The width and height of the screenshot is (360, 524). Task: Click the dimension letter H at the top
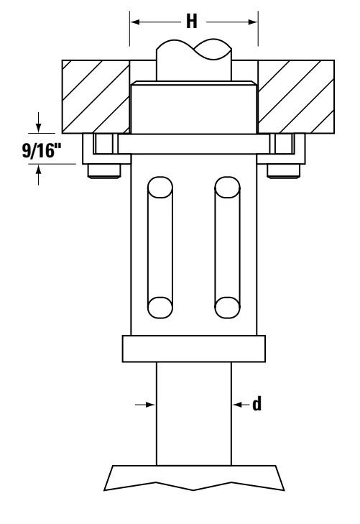tap(192, 22)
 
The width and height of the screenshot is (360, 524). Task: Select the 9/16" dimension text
tap(42, 150)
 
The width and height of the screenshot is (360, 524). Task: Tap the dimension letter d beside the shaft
tap(257, 404)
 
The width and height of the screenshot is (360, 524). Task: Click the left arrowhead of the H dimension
tap(134, 22)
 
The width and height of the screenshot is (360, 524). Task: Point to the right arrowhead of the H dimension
tap(253, 22)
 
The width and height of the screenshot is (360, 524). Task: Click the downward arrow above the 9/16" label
tap(38, 122)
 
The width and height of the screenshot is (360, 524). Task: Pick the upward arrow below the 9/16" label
tap(38, 175)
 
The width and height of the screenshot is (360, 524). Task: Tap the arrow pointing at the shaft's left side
tap(145, 405)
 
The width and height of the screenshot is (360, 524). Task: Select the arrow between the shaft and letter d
tap(241, 405)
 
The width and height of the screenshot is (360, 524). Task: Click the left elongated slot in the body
tap(160, 247)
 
